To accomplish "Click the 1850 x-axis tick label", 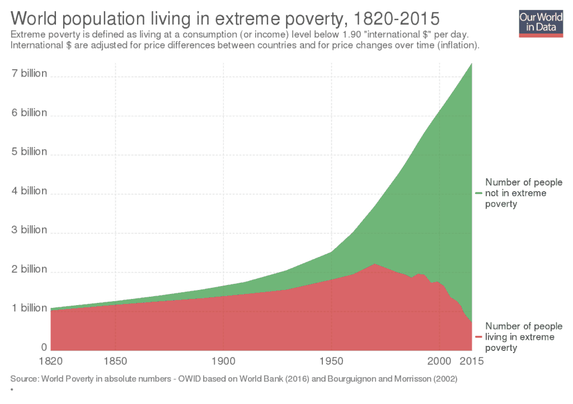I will click(x=115, y=361).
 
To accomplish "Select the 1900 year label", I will click(x=223, y=361).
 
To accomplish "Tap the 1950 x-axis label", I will click(x=332, y=361).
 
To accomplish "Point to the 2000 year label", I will click(x=440, y=361).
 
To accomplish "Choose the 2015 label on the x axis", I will click(x=471, y=361).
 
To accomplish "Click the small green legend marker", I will click(x=478, y=193).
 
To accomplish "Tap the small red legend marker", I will click(x=478, y=338).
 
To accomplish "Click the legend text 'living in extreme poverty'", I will click(x=523, y=337).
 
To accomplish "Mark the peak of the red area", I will click(x=375, y=264).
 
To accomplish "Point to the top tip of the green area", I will click(x=472, y=63).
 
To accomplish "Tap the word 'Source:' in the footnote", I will click(x=24, y=379).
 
